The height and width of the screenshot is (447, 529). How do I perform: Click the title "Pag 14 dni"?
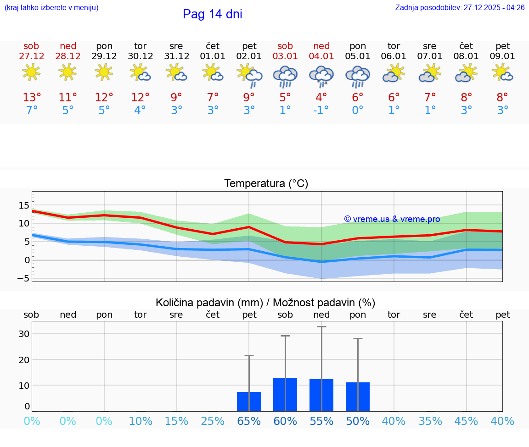212,14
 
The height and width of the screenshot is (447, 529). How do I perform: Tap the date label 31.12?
176,56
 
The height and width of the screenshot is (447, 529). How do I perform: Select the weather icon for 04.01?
321,75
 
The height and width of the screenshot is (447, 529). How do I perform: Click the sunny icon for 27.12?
31,72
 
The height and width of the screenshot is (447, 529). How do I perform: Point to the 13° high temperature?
32,98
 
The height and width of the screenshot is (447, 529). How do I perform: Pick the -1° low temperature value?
321,110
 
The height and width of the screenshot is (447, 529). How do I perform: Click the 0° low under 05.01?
357,110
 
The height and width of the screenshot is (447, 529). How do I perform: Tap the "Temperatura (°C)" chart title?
266,184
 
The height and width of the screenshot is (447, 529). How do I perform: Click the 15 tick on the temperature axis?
24,205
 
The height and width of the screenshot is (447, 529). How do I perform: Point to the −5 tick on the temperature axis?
24,278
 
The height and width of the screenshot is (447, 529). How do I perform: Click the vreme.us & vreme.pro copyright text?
392,219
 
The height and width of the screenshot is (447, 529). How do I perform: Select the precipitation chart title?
265,303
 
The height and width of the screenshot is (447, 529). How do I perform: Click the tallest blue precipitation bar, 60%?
285,394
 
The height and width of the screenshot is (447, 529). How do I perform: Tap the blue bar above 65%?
249,402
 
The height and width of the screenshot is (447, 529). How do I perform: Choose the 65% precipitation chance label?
249,421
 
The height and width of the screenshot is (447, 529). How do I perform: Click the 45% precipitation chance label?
467,421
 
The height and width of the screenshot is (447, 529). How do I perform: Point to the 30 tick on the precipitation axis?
24,334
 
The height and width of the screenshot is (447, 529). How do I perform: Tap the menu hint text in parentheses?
51,8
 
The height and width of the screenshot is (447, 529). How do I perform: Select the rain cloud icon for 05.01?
357,76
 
